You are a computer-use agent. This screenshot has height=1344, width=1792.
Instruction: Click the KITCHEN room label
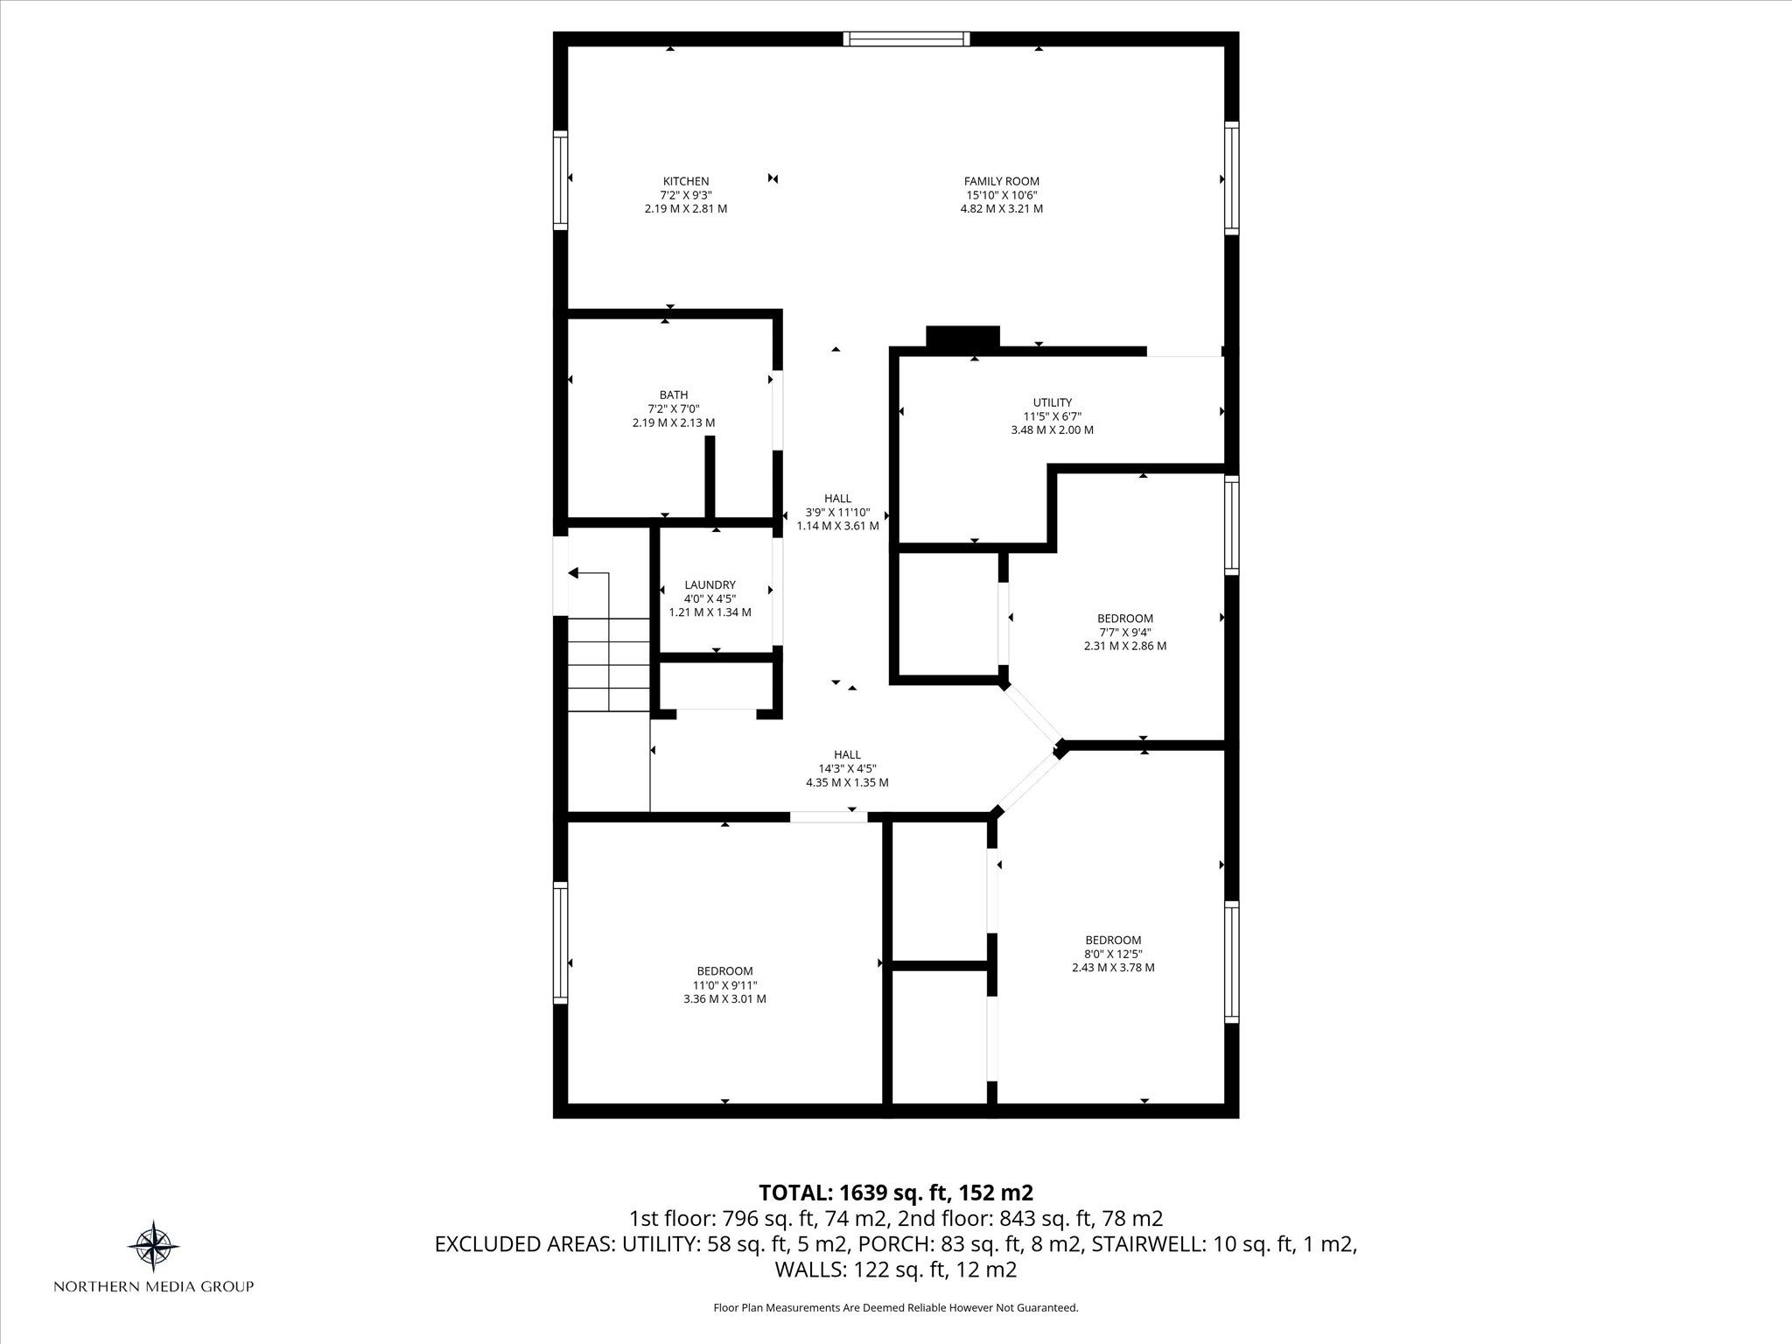[686, 181]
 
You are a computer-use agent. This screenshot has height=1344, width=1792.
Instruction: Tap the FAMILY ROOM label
[1001, 181]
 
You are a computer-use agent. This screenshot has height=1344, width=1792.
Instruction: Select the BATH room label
[674, 395]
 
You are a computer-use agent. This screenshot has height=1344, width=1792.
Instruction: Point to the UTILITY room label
[1053, 402]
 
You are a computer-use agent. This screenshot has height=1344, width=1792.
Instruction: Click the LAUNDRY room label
[710, 584]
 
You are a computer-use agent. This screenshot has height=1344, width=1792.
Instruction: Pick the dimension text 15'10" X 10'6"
[1001, 195]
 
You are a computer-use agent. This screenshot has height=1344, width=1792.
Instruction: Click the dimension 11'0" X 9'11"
[724, 984]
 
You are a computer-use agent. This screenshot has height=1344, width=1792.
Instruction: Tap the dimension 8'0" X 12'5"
[1113, 954]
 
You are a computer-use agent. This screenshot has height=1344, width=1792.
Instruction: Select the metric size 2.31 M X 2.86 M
[1125, 646]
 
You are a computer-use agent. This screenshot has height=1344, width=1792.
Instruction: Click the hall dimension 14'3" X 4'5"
[847, 768]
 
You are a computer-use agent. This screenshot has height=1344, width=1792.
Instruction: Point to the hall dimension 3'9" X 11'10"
[837, 512]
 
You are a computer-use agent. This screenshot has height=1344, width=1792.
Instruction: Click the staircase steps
[609, 665]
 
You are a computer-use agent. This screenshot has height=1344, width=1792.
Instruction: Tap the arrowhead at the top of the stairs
[574, 573]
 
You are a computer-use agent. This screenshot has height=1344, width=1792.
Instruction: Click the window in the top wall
[906, 38]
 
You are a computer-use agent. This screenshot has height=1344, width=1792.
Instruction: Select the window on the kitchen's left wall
[560, 180]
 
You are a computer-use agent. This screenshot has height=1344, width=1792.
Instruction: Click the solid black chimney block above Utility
[962, 336]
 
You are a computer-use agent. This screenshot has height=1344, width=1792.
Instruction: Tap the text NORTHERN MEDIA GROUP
[154, 1286]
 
